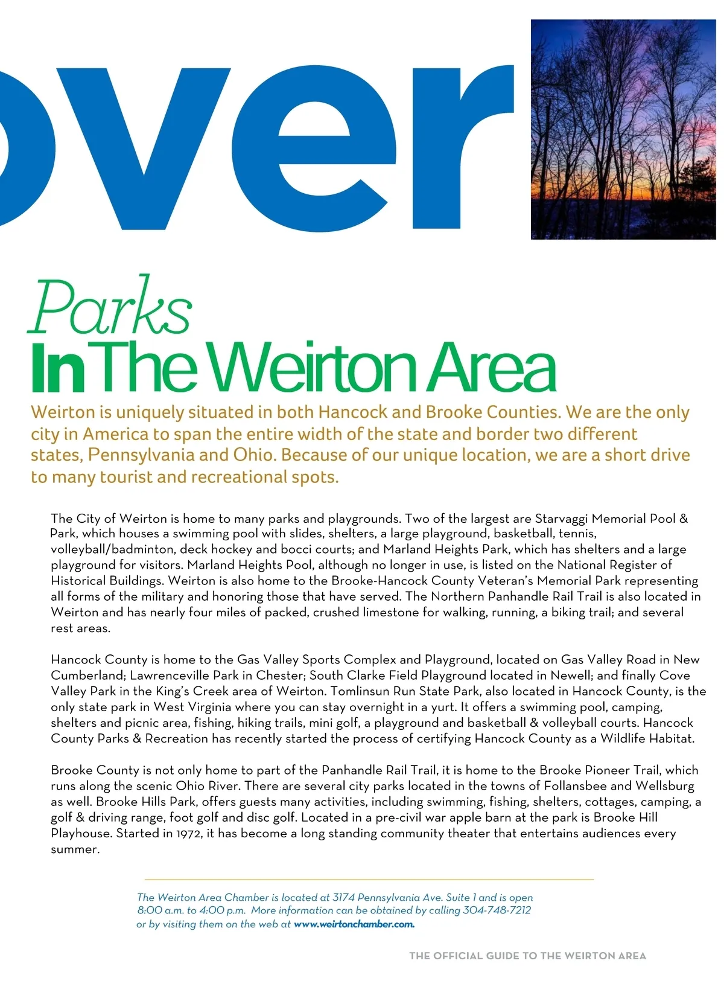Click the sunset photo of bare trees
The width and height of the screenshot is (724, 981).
point(623,129)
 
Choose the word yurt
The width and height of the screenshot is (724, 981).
point(444,707)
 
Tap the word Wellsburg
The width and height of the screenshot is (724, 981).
point(664,786)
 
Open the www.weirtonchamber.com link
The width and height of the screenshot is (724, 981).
point(354,924)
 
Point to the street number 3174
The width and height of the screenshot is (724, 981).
point(343,898)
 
